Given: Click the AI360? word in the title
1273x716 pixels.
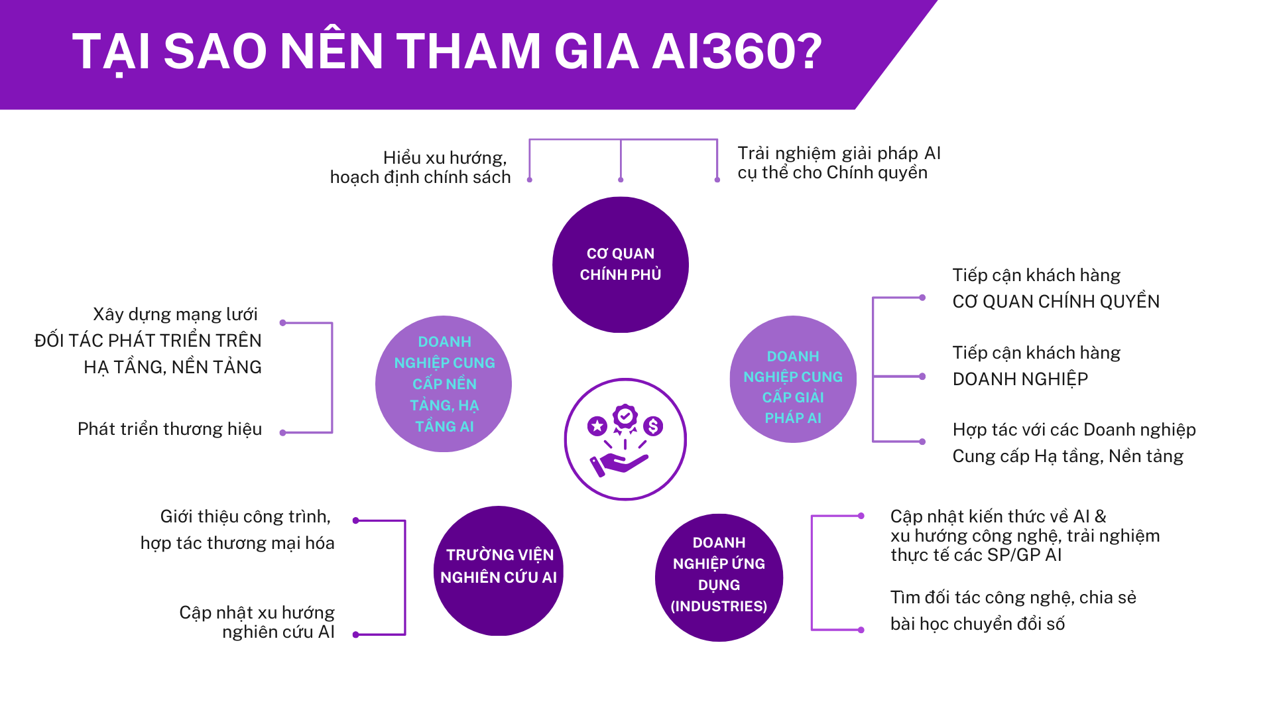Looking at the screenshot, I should [737, 52].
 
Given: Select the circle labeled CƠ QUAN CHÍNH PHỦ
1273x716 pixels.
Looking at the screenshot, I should [621, 265].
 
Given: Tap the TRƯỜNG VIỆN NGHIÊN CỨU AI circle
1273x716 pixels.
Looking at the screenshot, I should [499, 571].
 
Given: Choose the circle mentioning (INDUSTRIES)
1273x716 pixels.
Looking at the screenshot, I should [719, 577].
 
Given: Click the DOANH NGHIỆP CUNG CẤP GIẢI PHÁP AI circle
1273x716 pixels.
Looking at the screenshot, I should [793, 379].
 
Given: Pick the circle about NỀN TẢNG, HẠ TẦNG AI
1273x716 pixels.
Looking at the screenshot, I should [444, 384].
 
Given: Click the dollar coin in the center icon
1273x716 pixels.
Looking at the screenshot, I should [653, 426].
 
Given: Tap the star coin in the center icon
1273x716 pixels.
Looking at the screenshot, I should [597, 426].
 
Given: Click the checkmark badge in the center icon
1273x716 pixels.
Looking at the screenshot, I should [625, 417].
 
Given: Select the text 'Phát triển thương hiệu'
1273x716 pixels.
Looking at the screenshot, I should [170, 429].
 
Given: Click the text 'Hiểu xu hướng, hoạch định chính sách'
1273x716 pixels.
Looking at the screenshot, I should [420, 167].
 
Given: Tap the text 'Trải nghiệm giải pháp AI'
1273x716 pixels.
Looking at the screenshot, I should [839, 153].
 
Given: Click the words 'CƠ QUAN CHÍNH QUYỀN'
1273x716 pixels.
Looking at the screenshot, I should [1056, 302].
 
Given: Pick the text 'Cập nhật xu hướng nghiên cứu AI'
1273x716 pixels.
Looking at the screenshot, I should [257, 622].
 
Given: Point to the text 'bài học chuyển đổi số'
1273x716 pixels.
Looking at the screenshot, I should [977, 624].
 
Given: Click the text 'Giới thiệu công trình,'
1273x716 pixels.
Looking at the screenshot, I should [245, 516].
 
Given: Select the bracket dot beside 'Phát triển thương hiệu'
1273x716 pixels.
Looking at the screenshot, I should [283, 433].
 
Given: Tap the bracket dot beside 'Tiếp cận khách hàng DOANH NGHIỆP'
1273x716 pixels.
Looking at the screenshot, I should [922, 377].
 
